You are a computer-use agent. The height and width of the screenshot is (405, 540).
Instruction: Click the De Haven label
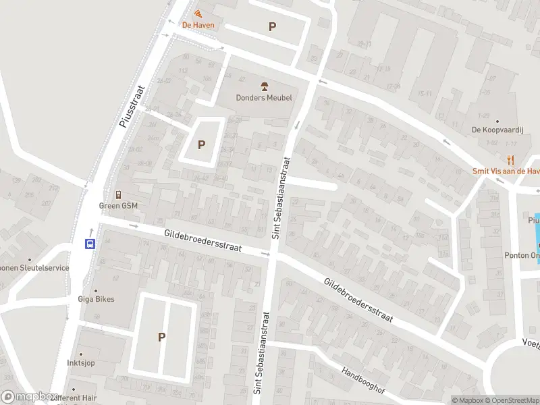click(198, 26)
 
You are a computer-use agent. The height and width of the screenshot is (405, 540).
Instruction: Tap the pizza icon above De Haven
click(198, 13)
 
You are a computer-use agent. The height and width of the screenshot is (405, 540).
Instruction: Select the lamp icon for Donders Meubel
click(264, 86)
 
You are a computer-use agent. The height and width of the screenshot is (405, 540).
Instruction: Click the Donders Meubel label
click(264, 98)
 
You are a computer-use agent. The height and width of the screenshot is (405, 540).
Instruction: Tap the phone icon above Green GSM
click(118, 194)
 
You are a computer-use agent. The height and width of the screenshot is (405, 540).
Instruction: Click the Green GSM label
click(118, 205)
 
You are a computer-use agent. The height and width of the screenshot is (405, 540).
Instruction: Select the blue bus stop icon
click(89, 244)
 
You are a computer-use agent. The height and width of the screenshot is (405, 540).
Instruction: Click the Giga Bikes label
click(96, 299)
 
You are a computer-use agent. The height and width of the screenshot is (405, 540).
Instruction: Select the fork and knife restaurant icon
click(511, 160)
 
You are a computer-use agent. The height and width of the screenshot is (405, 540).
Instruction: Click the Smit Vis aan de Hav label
click(506, 171)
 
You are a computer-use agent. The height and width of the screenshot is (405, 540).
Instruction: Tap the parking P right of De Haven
click(272, 27)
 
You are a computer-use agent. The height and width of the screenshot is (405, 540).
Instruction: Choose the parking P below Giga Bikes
click(162, 337)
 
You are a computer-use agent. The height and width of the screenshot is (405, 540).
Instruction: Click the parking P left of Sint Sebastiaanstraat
click(201, 144)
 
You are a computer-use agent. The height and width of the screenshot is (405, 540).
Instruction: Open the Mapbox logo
click(28, 397)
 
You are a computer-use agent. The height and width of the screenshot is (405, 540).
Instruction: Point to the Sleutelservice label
click(35, 268)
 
